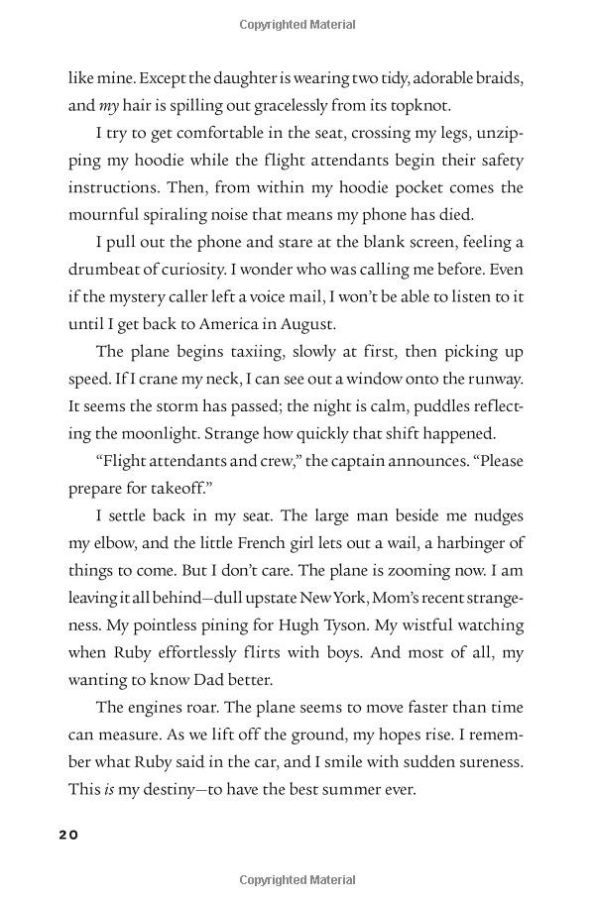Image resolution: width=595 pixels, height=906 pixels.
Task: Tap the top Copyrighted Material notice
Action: tap(297, 24)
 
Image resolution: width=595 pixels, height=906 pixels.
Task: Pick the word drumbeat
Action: tap(106, 269)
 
